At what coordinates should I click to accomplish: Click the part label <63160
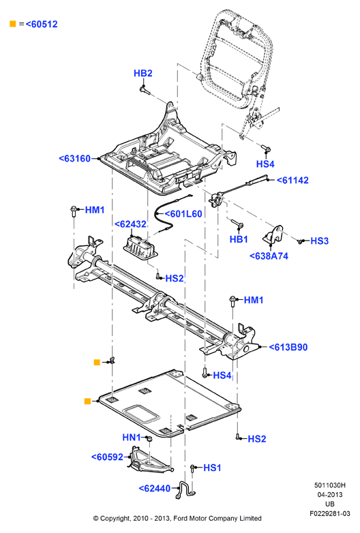click(x=75, y=158)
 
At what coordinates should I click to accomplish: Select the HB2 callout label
click(x=142, y=73)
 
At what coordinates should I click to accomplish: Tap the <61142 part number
click(x=292, y=180)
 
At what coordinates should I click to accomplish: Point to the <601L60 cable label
click(x=183, y=214)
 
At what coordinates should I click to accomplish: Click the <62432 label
click(x=130, y=224)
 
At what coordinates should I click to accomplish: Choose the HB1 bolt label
click(x=239, y=239)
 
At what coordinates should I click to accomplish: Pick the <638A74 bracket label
click(x=269, y=256)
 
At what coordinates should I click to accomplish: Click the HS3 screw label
click(x=320, y=241)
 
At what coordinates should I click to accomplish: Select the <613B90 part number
click(x=288, y=347)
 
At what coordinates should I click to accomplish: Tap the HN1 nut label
click(x=132, y=437)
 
